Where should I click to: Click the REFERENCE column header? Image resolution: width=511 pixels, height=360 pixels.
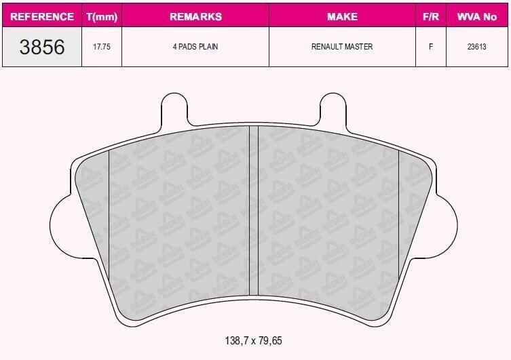click(42, 16)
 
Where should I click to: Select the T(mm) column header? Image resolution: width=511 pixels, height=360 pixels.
click(102, 16)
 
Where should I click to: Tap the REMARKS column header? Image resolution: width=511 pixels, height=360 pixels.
click(195, 16)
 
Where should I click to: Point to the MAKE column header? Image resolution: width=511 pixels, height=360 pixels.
click(342, 16)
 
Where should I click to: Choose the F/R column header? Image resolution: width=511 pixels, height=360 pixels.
click(430, 16)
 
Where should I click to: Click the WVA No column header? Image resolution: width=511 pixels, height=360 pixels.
click(477, 16)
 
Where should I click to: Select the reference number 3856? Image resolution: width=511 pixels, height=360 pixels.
click(42, 47)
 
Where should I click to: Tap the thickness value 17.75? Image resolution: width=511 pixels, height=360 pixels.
click(102, 47)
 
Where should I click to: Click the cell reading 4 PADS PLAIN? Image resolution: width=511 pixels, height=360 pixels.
click(195, 47)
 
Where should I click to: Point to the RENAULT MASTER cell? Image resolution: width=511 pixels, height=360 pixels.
click(342, 47)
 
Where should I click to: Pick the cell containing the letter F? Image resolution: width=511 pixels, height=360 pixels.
click(430, 47)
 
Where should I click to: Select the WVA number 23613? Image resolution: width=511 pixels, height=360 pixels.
click(477, 47)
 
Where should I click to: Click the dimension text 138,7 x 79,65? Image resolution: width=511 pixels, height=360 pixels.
click(252, 341)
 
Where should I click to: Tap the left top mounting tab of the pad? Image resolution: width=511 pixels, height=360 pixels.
click(174, 108)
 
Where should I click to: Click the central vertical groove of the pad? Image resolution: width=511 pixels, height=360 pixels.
click(254, 210)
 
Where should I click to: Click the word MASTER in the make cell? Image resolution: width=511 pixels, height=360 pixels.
click(358, 47)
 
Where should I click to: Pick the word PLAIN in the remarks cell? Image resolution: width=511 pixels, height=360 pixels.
click(208, 47)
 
